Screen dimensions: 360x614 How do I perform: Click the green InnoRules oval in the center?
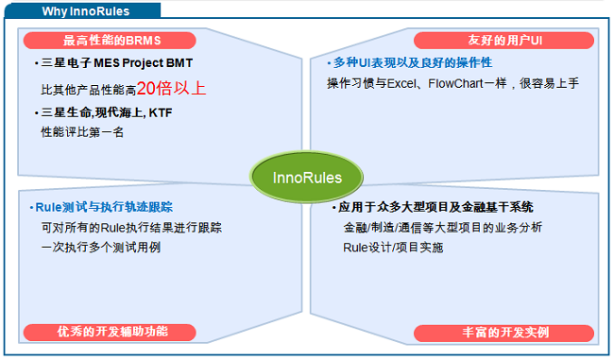(307, 178)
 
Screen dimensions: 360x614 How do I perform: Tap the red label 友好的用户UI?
(504, 41)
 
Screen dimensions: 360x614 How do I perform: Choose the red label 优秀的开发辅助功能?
(111, 332)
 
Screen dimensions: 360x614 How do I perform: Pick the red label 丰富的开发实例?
(505, 333)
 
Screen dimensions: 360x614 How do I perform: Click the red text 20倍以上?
(171, 89)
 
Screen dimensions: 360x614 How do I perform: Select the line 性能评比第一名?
(82, 132)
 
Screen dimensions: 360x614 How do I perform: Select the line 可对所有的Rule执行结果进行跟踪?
(131, 228)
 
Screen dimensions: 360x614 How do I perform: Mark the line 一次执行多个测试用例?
(101, 248)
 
